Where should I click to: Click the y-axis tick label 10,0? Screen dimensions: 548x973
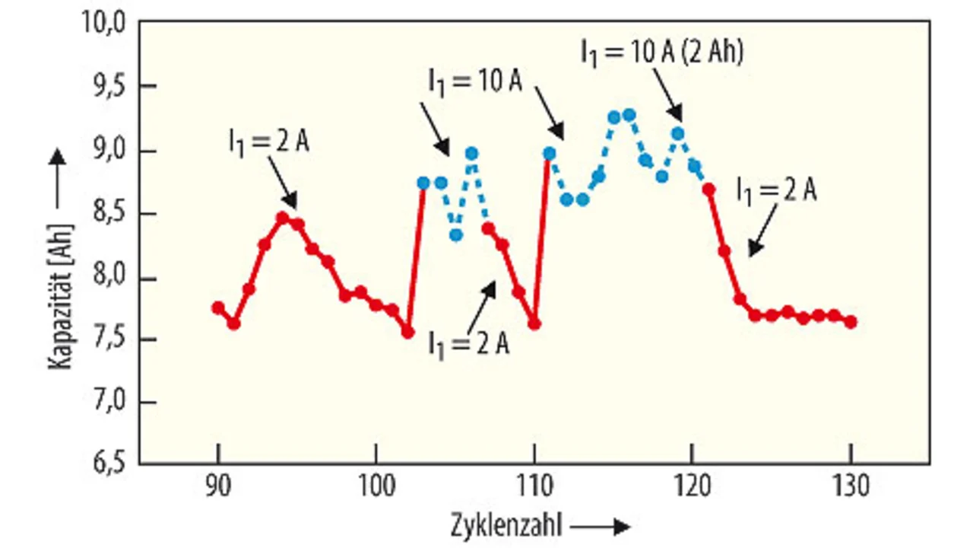point(103,24)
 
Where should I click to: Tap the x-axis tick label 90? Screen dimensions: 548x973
point(218,486)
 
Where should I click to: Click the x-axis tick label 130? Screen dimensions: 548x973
point(851,486)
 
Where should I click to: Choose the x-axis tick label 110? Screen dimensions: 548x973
point(535,486)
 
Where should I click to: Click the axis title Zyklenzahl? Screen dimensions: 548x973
point(505,526)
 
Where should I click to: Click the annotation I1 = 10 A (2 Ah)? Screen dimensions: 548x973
point(661,52)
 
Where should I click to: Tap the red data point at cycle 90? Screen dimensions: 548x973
point(218,307)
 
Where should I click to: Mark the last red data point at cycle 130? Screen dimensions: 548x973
point(851,322)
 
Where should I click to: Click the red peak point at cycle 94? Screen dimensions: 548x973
point(282,218)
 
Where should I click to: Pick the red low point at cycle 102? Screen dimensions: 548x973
point(408,332)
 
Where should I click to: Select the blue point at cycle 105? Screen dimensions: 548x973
point(455,235)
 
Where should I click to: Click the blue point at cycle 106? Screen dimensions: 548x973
point(471,153)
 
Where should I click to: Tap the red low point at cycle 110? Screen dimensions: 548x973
point(534,323)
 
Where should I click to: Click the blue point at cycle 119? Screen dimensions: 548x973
point(677,134)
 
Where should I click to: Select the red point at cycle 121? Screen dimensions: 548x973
point(708,190)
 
